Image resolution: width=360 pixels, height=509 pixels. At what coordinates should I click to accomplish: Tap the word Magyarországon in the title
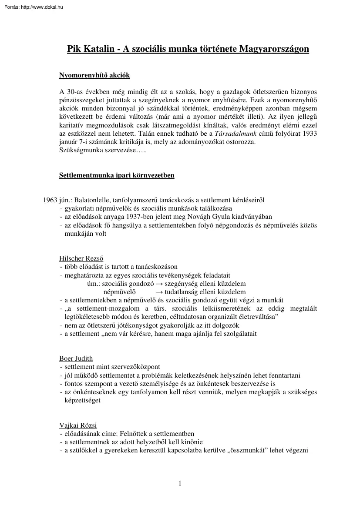point(274,49)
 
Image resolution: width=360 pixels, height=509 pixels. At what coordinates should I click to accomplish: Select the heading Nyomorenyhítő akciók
point(94,76)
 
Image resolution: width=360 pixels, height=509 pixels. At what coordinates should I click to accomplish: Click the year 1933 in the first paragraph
point(310,134)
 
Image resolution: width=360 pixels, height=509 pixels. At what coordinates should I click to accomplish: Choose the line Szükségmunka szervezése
point(98,150)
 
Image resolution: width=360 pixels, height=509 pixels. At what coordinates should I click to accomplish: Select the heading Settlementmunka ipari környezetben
point(117,176)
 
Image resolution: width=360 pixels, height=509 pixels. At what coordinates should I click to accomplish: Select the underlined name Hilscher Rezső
point(81,258)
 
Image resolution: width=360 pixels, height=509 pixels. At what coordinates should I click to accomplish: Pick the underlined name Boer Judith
point(76,358)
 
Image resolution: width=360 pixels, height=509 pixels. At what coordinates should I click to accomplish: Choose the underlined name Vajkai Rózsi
point(78,425)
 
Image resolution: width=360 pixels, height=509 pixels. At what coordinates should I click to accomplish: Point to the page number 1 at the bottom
point(180,483)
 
